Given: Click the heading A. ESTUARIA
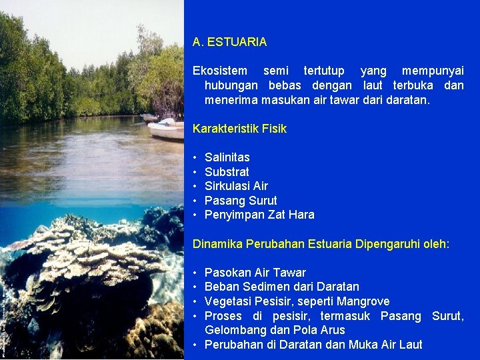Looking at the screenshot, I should click(x=229, y=42).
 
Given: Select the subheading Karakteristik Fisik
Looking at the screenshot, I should click(x=239, y=129).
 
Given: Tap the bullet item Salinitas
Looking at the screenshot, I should click(x=227, y=157).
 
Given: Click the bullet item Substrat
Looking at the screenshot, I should click(x=227, y=172).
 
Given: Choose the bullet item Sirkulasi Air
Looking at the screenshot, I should click(x=236, y=186).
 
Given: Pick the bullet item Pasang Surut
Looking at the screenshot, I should click(x=240, y=201).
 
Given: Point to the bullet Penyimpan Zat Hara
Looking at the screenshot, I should click(x=259, y=215).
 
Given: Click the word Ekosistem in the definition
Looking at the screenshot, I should click(x=219, y=71).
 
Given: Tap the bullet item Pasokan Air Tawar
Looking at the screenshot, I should click(x=255, y=273).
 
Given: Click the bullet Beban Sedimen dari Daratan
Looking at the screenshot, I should click(x=281, y=287).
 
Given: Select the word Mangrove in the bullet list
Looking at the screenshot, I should click(x=365, y=301).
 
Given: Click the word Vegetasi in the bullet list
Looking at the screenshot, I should click(x=227, y=301).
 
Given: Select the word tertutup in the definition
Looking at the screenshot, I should click(x=324, y=71).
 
